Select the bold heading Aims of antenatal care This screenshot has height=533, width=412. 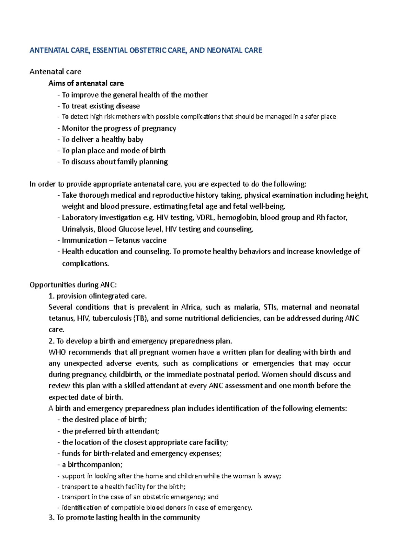click(x=86, y=83)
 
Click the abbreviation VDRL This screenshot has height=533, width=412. click(x=205, y=218)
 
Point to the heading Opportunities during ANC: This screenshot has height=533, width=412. click(x=73, y=285)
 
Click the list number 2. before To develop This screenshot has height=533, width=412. click(x=51, y=341)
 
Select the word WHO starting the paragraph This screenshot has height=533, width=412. click(x=56, y=352)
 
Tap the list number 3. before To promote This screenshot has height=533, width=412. click(x=51, y=518)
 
